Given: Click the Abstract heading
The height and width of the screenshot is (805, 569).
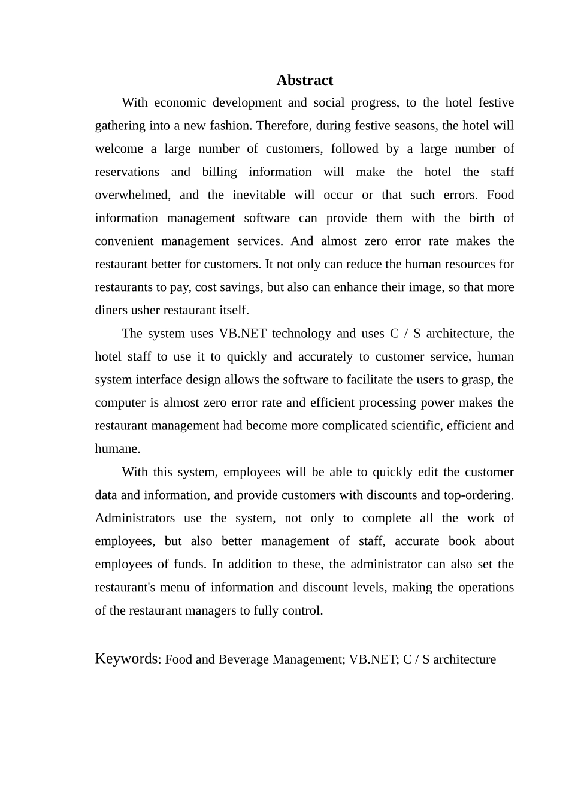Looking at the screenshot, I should tap(304, 80).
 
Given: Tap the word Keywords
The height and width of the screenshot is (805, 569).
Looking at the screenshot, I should tap(126, 659).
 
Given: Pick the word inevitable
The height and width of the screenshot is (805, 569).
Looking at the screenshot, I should tap(259, 195).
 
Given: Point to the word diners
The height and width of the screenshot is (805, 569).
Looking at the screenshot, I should tap(110, 310).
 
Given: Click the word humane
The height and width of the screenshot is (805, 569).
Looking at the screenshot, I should tap(117, 449).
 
